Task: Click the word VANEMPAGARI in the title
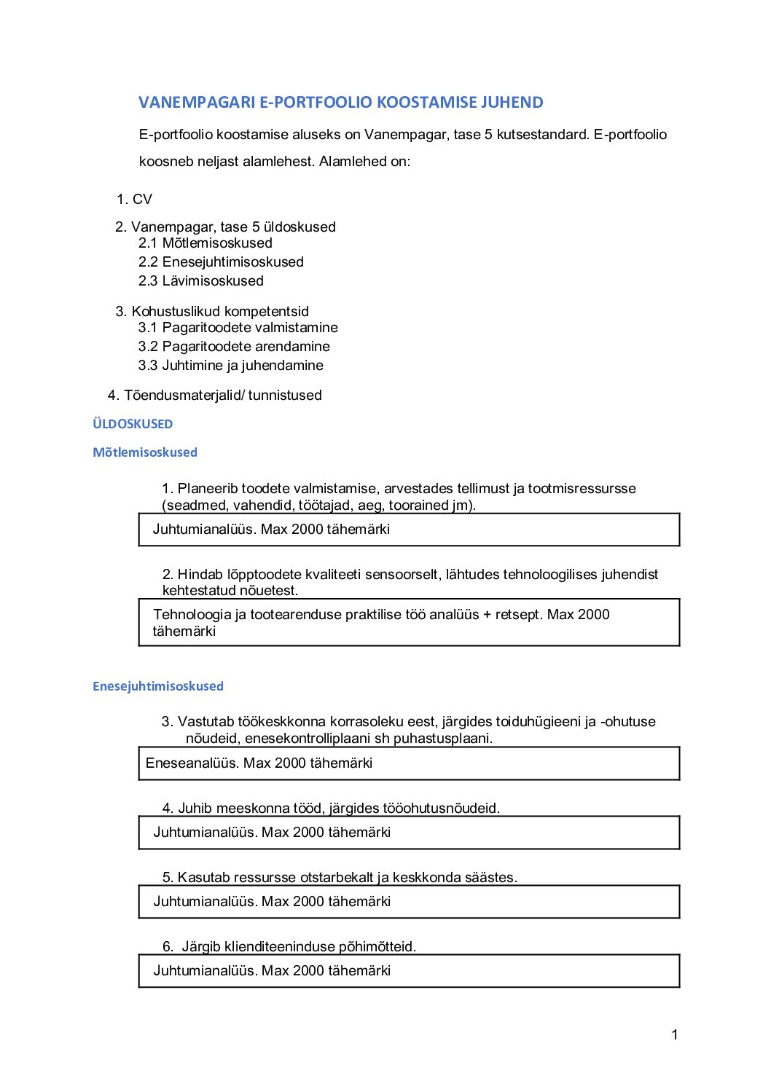[x=197, y=103]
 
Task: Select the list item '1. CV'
[x=135, y=200]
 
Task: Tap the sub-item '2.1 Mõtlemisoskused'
[x=206, y=243]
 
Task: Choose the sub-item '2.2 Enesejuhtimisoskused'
[x=221, y=262]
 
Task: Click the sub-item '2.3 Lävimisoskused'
[x=201, y=281]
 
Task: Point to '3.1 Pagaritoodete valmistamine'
[x=238, y=328]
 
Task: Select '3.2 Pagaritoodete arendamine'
[x=234, y=347]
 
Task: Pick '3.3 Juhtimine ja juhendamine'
[x=231, y=366]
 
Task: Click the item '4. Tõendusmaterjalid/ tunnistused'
[x=215, y=396]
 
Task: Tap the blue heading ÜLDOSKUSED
[x=133, y=424]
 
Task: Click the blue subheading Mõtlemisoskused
[x=145, y=452]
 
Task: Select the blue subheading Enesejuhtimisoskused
[x=158, y=686]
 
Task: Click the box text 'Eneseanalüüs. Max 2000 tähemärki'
[x=259, y=763]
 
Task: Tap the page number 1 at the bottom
[x=675, y=1035]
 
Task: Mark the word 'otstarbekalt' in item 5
[x=337, y=878]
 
